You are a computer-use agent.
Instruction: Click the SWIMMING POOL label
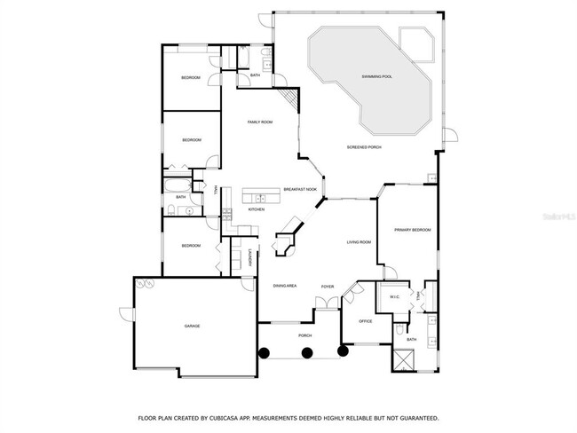[376, 77]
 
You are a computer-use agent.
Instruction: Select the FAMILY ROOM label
[259, 122]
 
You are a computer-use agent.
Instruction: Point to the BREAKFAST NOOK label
[300, 190]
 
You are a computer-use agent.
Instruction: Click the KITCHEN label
[257, 209]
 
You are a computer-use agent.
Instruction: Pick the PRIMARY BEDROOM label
[412, 230]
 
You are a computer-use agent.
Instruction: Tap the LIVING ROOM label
[359, 241]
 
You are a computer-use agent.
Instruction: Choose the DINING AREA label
[284, 286]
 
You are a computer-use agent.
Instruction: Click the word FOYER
[328, 287]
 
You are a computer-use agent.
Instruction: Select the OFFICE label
[365, 320]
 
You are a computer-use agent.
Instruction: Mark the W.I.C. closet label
[394, 297]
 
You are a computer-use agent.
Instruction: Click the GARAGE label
[192, 327]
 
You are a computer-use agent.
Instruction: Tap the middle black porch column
[307, 352]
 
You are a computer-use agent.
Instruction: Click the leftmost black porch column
[263, 352]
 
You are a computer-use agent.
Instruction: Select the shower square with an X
[406, 359]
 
